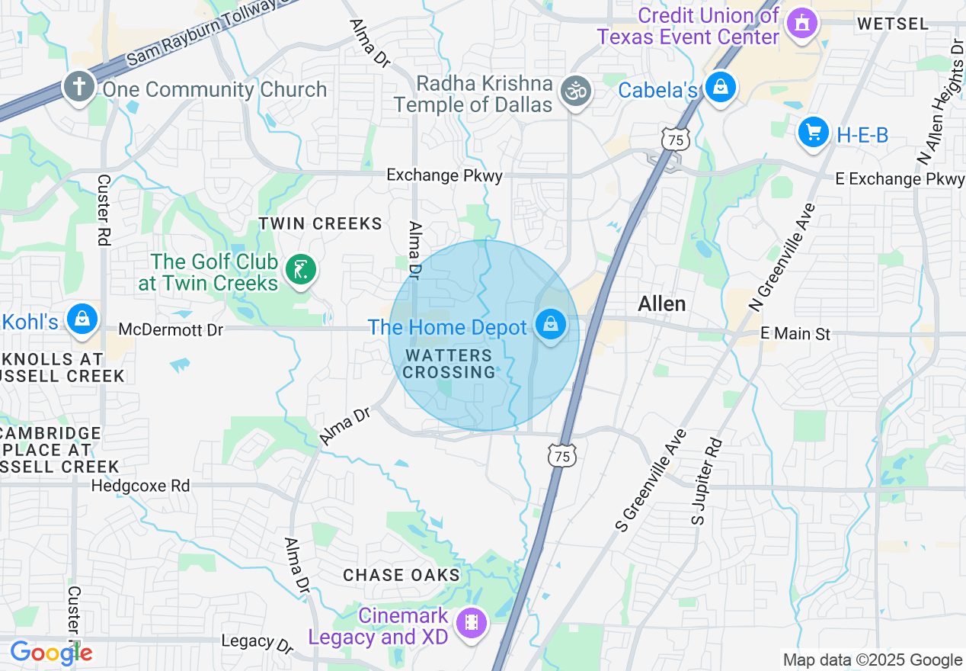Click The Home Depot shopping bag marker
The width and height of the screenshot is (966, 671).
point(550,325)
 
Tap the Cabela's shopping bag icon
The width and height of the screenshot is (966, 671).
point(720,88)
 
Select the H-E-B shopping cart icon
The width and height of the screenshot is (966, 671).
point(813,133)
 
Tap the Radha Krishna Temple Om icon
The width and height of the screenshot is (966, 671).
point(576,91)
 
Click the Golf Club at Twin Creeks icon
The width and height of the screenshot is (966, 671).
point(300,269)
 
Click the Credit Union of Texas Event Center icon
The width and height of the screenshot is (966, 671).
point(801,23)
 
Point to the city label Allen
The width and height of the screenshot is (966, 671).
point(661,303)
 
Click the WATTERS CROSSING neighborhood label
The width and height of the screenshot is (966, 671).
point(449,364)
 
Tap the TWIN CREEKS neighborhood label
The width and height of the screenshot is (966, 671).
point(320,223)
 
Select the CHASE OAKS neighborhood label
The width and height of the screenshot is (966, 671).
point(401,575)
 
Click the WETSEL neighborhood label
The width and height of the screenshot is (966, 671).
point(893,24)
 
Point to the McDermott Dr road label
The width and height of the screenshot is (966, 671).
point(171,329)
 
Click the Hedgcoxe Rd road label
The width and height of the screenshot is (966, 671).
point(140,485)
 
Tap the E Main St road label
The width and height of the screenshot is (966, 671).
point(795,333)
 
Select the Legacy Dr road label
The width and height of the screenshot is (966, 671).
point(257,642)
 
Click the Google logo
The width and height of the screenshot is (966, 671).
point(50,653)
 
